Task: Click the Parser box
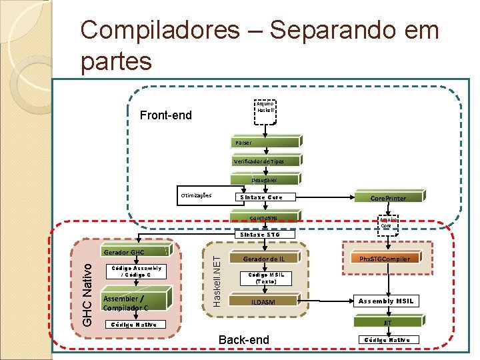pyautogui.click(x=265, y=143)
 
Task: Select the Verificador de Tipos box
pyautogui.click(x=265, y=161)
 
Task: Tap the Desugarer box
pyautogui.click(x=265, y=179)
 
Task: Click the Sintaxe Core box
pyautogui.click(x=265, y=197)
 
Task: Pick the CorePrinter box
pyautogui.click(x=388, y=198)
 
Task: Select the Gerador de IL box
pyautogui.click(x=264, y=258)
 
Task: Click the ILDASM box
pyautogui.click(x=264, y=302)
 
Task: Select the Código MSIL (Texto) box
pyautogui.click(x=264, y=279)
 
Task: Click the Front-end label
pyautogui.click(x=166, y=116)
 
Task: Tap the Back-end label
pyautogui.click(x=245, y=340)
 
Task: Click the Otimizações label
pyautogui.click(x=196, y=196)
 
